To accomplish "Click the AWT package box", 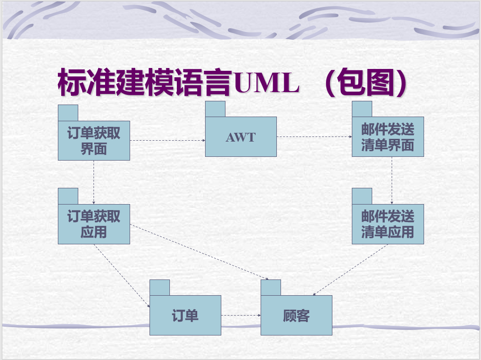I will tap(241, 137).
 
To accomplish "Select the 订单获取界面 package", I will tap(94, 141).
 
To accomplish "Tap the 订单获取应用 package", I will tap(94, 224).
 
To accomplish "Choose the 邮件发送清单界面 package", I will tap(387, 137).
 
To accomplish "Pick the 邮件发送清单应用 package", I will tap(387, 224).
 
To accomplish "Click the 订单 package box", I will tap(185, 316).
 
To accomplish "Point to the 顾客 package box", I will tap(296, 316).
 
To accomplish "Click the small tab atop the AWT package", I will tap(215, 109).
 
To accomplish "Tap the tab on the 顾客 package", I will tap(271, 287).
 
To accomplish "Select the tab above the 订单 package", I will tap(160, 287).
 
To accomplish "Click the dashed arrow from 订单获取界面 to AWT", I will tap(167, 140).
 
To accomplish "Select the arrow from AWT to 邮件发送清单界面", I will tap(314, 137).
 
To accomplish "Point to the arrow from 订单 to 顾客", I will tap(241, 316).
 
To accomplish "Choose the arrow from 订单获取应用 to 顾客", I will tap(199, 252).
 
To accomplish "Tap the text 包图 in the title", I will tap(366, 84).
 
